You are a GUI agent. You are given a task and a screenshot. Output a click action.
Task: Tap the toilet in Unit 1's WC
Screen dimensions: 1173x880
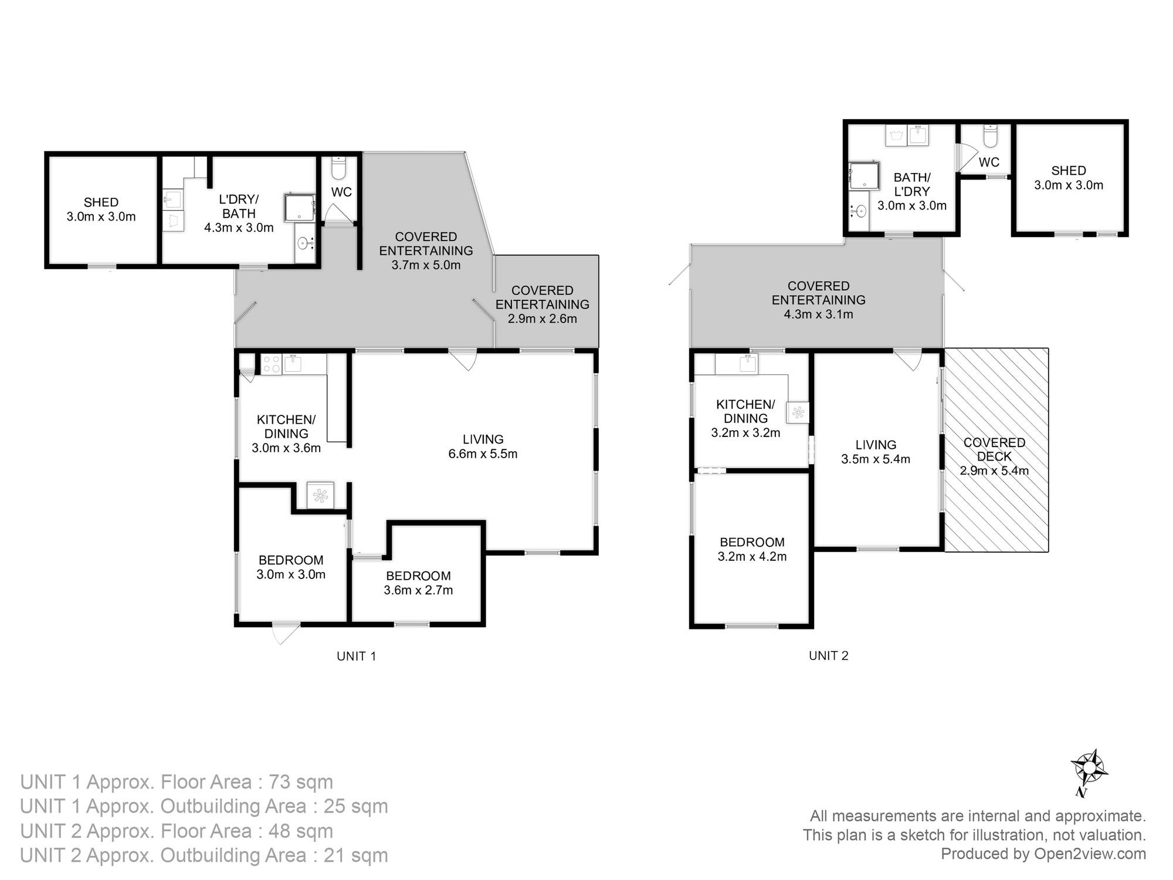click(339, 168)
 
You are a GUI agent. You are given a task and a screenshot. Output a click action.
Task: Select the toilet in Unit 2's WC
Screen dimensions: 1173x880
click(989, 136)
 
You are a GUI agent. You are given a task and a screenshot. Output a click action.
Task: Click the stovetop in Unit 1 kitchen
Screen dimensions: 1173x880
click(272, 364)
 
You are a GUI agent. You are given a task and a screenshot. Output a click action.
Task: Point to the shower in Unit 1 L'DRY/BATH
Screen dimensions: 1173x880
click(300, 207)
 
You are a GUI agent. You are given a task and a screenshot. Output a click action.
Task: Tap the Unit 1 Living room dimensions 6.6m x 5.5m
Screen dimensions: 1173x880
click(483, 453)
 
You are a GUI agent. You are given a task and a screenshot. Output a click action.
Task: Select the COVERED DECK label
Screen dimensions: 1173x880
click(994, 449)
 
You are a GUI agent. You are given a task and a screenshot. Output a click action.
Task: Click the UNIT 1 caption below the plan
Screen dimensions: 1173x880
click(356, 656)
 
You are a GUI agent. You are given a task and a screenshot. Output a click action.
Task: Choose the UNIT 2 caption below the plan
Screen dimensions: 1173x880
click(829, 656)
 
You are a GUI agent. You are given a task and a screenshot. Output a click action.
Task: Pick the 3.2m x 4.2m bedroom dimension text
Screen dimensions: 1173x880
click(752, 556)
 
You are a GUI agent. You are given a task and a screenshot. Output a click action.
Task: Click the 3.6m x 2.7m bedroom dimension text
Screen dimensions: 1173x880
click(418, 590)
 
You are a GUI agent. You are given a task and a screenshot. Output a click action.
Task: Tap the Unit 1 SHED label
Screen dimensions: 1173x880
click(101, 202)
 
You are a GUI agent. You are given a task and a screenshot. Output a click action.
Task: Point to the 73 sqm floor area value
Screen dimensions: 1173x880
click(300, 782)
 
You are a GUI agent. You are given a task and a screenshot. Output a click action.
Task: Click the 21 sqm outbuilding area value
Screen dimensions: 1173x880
click(355, 855)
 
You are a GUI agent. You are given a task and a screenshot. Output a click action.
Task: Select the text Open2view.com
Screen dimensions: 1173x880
click(1090, 854)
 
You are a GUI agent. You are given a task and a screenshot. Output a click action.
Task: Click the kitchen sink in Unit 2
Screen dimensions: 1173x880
click(748, 364)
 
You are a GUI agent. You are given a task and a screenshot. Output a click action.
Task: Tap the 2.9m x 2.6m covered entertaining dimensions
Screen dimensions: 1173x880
click(543, 319)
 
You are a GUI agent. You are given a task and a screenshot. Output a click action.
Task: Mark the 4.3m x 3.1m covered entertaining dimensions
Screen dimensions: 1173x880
click(818, 314)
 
